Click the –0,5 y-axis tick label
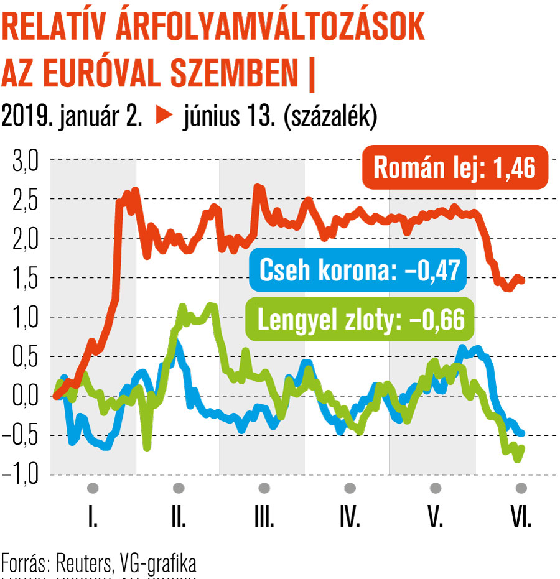21,435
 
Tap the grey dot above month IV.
350,487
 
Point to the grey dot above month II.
179,487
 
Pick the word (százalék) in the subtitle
329,117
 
